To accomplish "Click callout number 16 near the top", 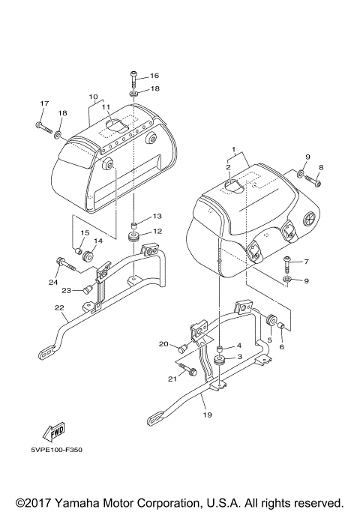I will (x=154, y=76).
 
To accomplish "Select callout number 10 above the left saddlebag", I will (x=94, y=97).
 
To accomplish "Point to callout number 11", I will (x=106, y=107).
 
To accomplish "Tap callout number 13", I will (x=157, y=216).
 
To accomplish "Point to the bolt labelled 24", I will (x=64, y=262).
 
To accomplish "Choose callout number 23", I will (x=67, y=290).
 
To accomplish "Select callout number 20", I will (x=164, y=344).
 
